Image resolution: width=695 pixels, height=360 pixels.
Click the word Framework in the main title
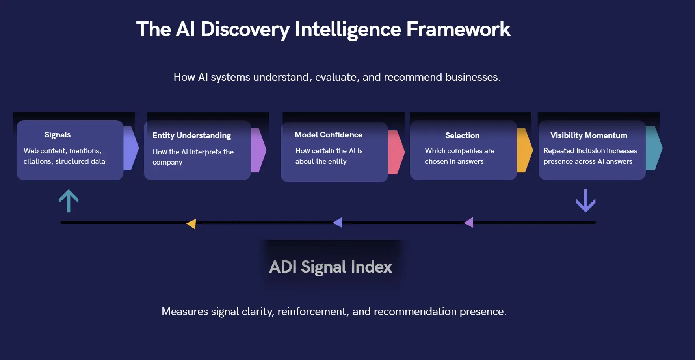458,30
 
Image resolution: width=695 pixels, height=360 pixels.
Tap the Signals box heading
58,135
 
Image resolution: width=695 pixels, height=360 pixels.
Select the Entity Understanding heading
191,135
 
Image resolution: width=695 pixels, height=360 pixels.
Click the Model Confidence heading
328,135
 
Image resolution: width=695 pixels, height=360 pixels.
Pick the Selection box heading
462,135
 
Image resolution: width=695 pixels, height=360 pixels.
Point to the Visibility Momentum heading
589,135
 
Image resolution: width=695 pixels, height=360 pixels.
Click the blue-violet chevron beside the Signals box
130,148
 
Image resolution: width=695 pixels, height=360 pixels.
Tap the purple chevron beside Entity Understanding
258,150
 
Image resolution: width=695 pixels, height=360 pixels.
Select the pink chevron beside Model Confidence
396,152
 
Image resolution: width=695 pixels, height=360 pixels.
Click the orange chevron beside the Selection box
524,150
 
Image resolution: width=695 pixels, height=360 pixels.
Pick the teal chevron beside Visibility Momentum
653,148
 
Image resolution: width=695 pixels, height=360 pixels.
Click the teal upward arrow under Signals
69,201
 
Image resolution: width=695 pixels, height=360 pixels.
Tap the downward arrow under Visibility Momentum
585,201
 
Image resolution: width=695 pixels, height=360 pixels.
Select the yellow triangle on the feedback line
191,224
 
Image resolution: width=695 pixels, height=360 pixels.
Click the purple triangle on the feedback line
469,223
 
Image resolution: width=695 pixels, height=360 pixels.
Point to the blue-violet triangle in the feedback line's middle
338,223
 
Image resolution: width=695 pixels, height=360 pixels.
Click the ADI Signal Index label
331,267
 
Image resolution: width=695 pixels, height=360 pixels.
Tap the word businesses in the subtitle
472,77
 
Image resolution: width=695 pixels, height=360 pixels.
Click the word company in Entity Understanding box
167,162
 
